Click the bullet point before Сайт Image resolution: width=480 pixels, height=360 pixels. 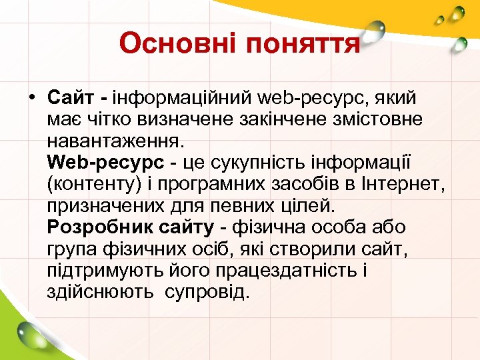[x=32, y=98]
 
